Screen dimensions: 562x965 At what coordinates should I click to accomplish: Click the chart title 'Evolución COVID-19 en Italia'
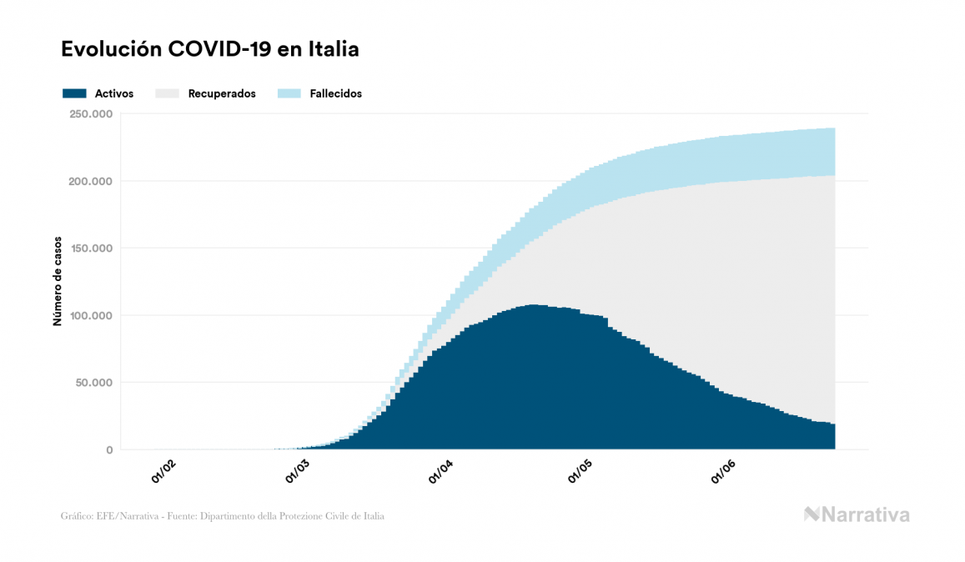tap(209, 49)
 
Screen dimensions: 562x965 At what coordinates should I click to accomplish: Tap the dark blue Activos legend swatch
tap(74, 93)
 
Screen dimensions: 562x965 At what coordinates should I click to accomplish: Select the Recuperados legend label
tap(221, 93)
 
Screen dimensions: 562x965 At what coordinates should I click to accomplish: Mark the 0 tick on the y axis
tap(108, 450)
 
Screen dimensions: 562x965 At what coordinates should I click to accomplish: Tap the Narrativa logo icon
tap(812, 514)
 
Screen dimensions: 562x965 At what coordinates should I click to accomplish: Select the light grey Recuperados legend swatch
tap(168, 93)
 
